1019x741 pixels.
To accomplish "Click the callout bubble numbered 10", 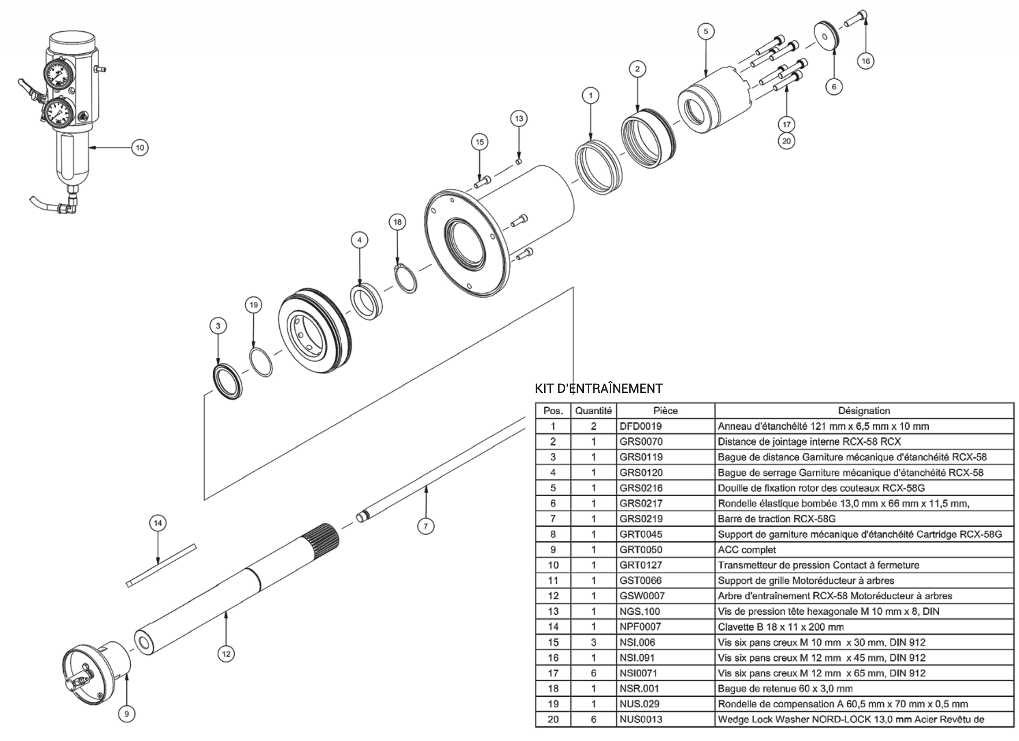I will pos(140,148).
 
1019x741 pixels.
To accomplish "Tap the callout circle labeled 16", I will pos(865,61).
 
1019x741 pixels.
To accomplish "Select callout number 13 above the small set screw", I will pos(519,118).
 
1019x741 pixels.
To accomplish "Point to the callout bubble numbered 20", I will pos(787,141).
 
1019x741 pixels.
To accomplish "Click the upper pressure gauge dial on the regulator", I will pos(58,74).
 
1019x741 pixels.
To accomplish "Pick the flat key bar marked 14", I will pos(160,566).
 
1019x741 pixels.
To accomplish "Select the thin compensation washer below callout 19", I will pos(261,362).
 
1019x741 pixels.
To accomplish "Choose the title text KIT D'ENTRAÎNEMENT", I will pos(598,388).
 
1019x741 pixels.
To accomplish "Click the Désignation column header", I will pos(864,411).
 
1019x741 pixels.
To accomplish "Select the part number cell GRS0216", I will pos(641,488).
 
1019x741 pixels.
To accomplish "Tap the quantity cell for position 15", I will pos(593,642).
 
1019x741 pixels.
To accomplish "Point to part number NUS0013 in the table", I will pos(641,720).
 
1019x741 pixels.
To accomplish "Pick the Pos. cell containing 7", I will pos(553,519).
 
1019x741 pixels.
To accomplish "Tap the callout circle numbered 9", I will pos(127,714).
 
